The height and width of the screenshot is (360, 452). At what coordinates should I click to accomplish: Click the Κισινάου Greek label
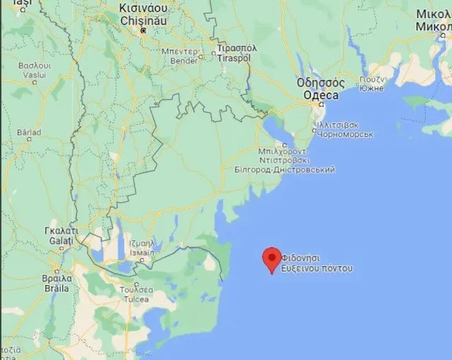pyautogui.click(x=143, y=8)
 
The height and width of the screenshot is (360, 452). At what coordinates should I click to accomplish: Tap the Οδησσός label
pyautogui.click(x=318, y=83)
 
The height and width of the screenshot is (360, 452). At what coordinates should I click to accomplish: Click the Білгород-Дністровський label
pyautogui.click(x=289, y=169)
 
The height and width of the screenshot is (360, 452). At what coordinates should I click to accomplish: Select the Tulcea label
pyautogui.click(x=136, y=297)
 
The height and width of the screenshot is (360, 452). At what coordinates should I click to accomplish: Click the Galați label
pyautogui.click(x=59, y=241)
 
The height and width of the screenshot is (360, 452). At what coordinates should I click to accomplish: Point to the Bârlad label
pyautogui.click(x=29, y=131)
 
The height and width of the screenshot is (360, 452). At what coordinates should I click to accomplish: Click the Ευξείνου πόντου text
pyautogui.click(x=316, y=269)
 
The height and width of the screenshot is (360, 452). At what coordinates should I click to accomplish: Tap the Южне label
pyautogui.click(x=371, y=88)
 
